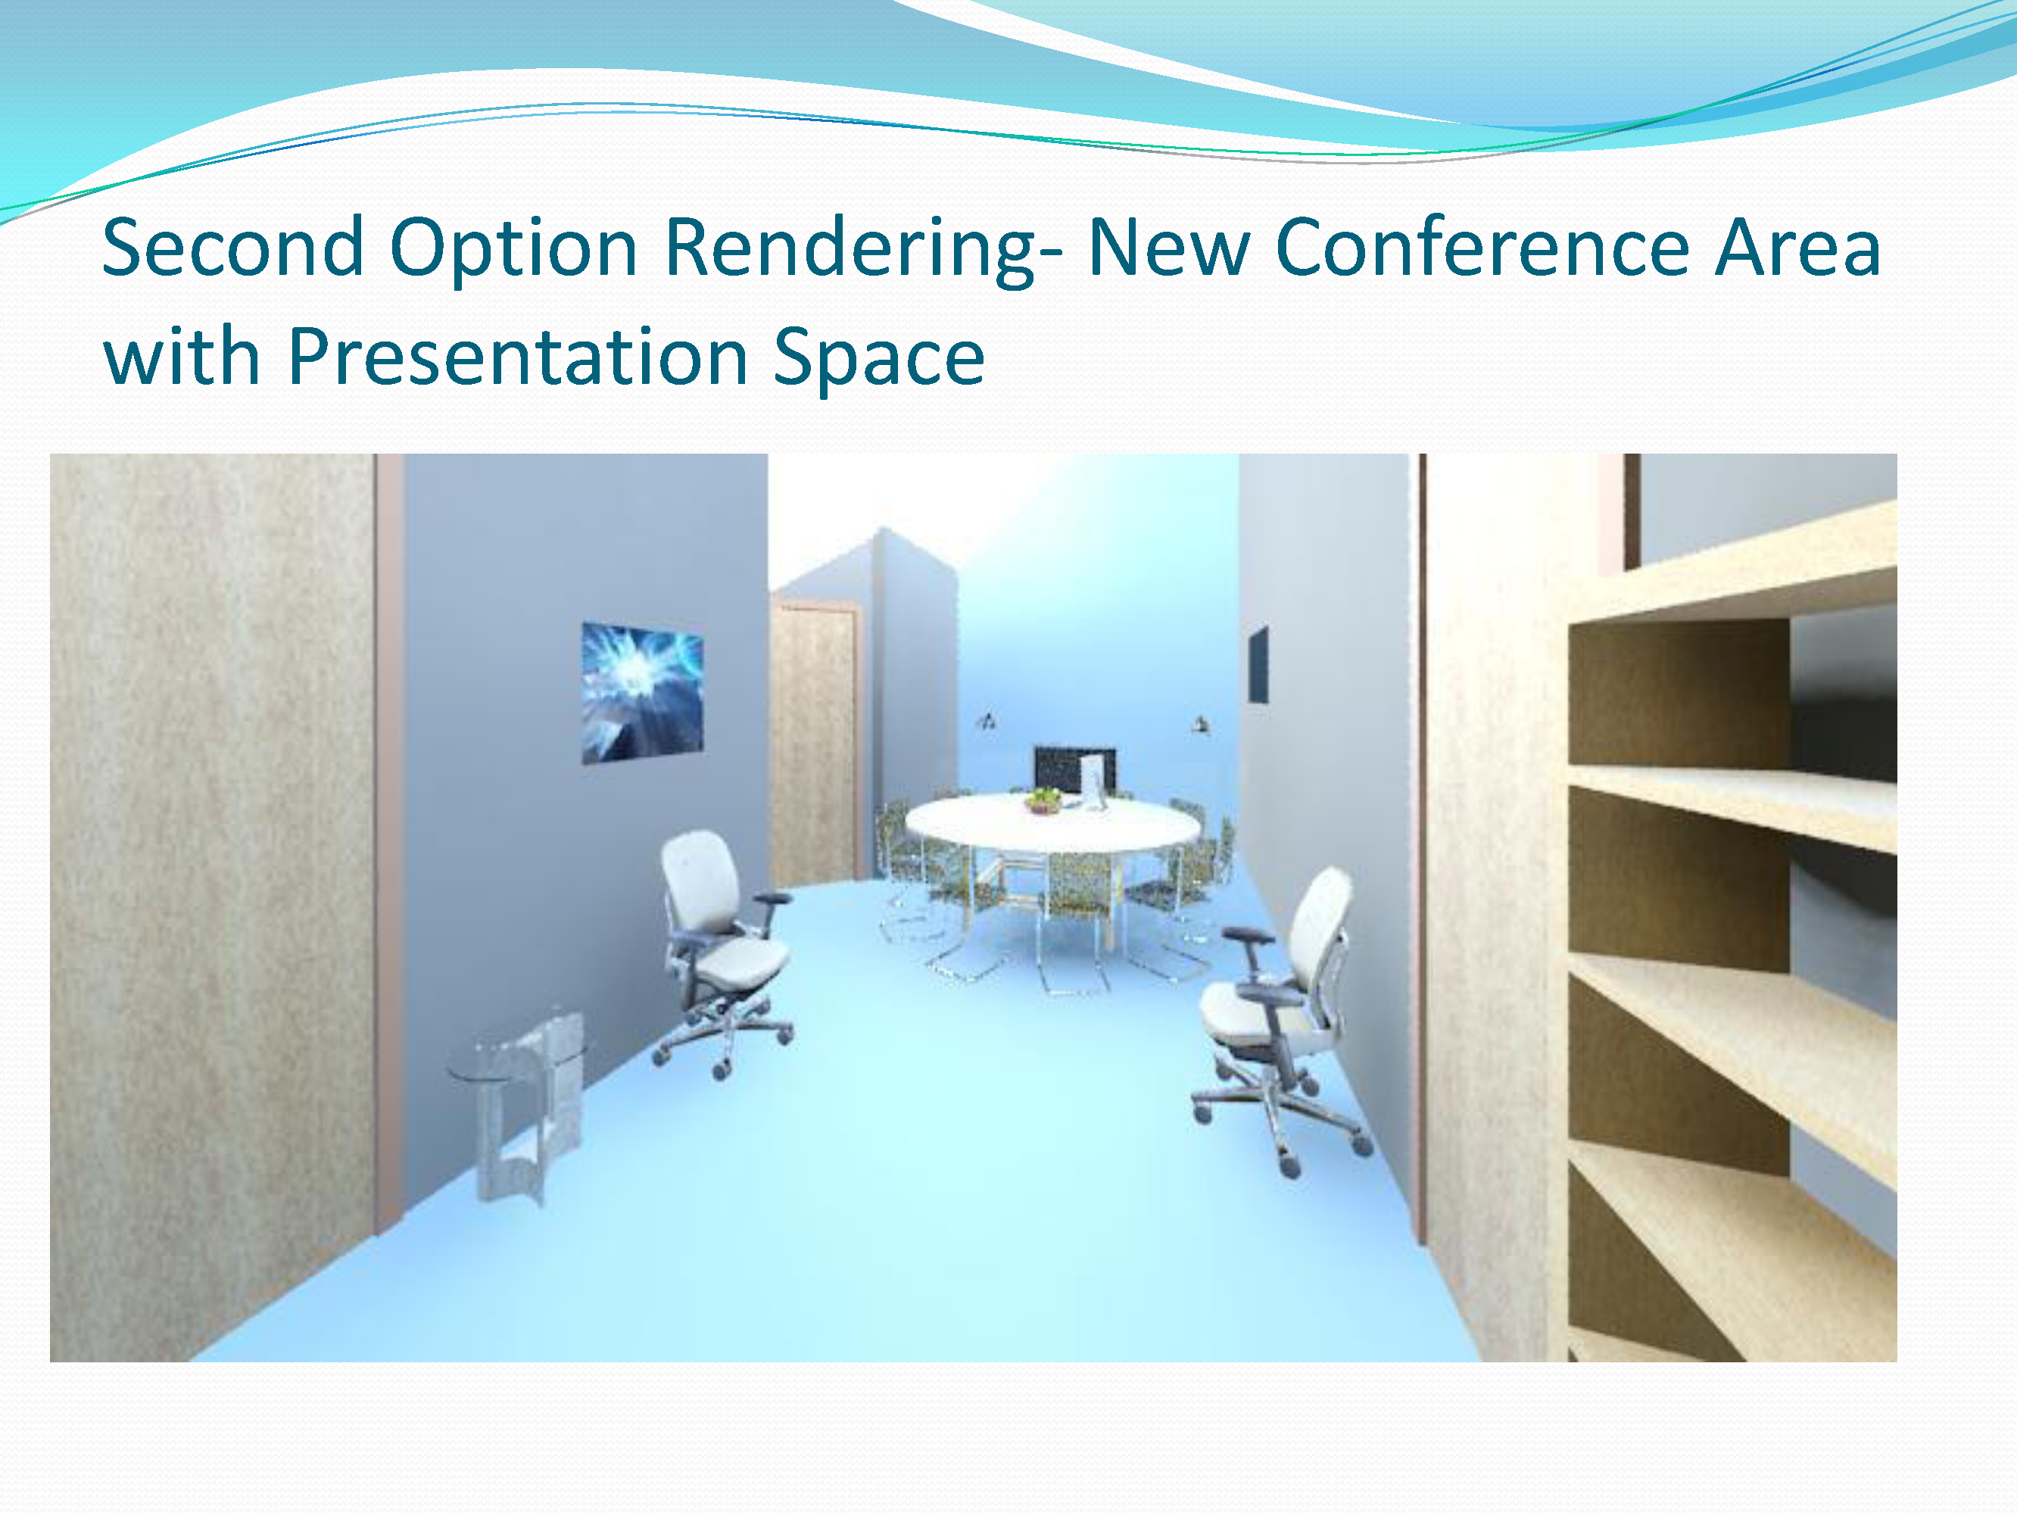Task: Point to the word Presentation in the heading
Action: [518, 357]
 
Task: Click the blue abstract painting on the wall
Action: [642, 692]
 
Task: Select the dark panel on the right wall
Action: [1258, 665]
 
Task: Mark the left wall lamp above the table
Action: [987, 722]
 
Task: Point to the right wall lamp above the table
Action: [1200, 725]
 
